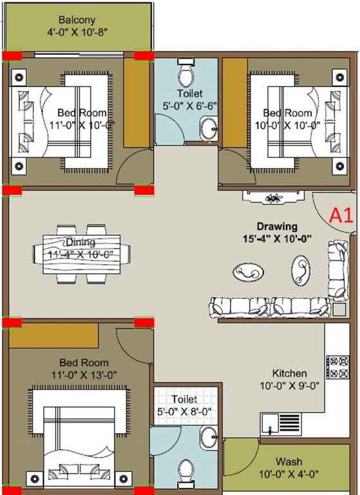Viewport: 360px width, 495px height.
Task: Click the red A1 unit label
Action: tap(341, 215)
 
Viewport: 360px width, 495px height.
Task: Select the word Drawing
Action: tap(277, 227)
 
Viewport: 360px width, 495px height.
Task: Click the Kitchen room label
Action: tap(289, 373)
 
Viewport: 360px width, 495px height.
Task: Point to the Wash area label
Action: tap(289, 462)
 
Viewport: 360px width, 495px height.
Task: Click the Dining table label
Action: tap(81, 242)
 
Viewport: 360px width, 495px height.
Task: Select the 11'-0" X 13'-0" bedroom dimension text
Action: tap(84, 374)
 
